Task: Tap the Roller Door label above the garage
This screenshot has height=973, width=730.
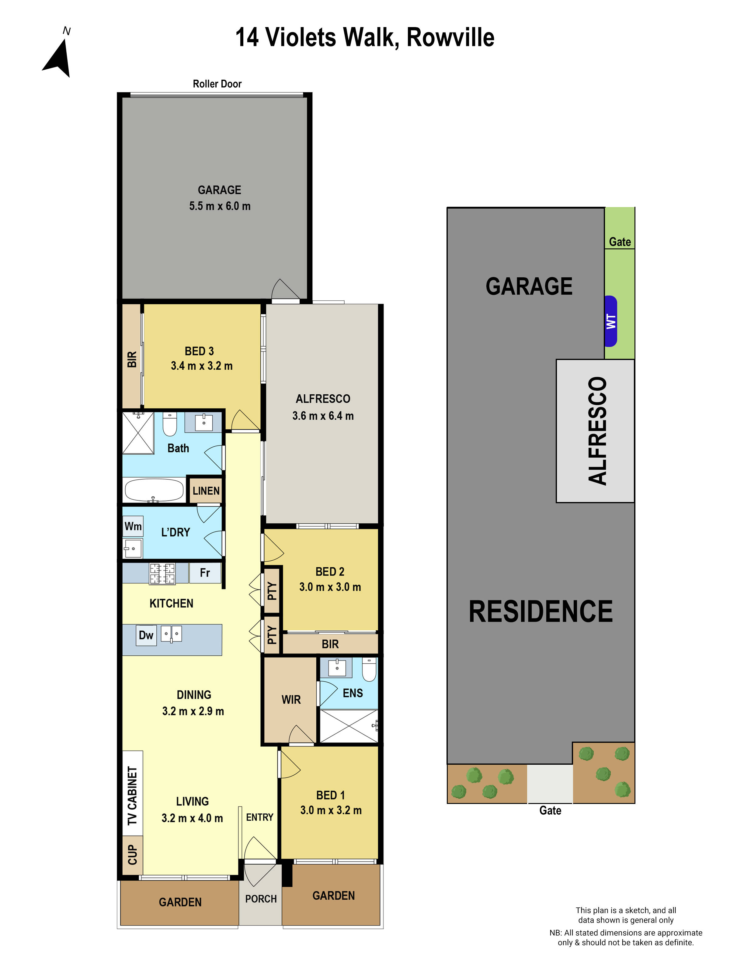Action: point(217,84)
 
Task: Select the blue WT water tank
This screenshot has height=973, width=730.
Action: point(611,321)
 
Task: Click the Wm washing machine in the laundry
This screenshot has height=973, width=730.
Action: point(133,526)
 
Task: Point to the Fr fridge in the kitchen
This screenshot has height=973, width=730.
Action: point(205,573)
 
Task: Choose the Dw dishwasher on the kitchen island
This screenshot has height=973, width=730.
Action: point(146,635)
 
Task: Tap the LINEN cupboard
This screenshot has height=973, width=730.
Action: point(206,490)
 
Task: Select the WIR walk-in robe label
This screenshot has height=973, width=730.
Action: point(291,699)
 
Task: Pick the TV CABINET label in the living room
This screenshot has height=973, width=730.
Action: point(132,796)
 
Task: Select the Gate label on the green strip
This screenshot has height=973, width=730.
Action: point(620,242)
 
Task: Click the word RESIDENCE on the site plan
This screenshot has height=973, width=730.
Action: point(540,611)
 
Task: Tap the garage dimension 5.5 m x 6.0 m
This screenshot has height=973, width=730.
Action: point(220,206)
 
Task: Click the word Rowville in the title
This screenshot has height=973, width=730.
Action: point(450,38)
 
